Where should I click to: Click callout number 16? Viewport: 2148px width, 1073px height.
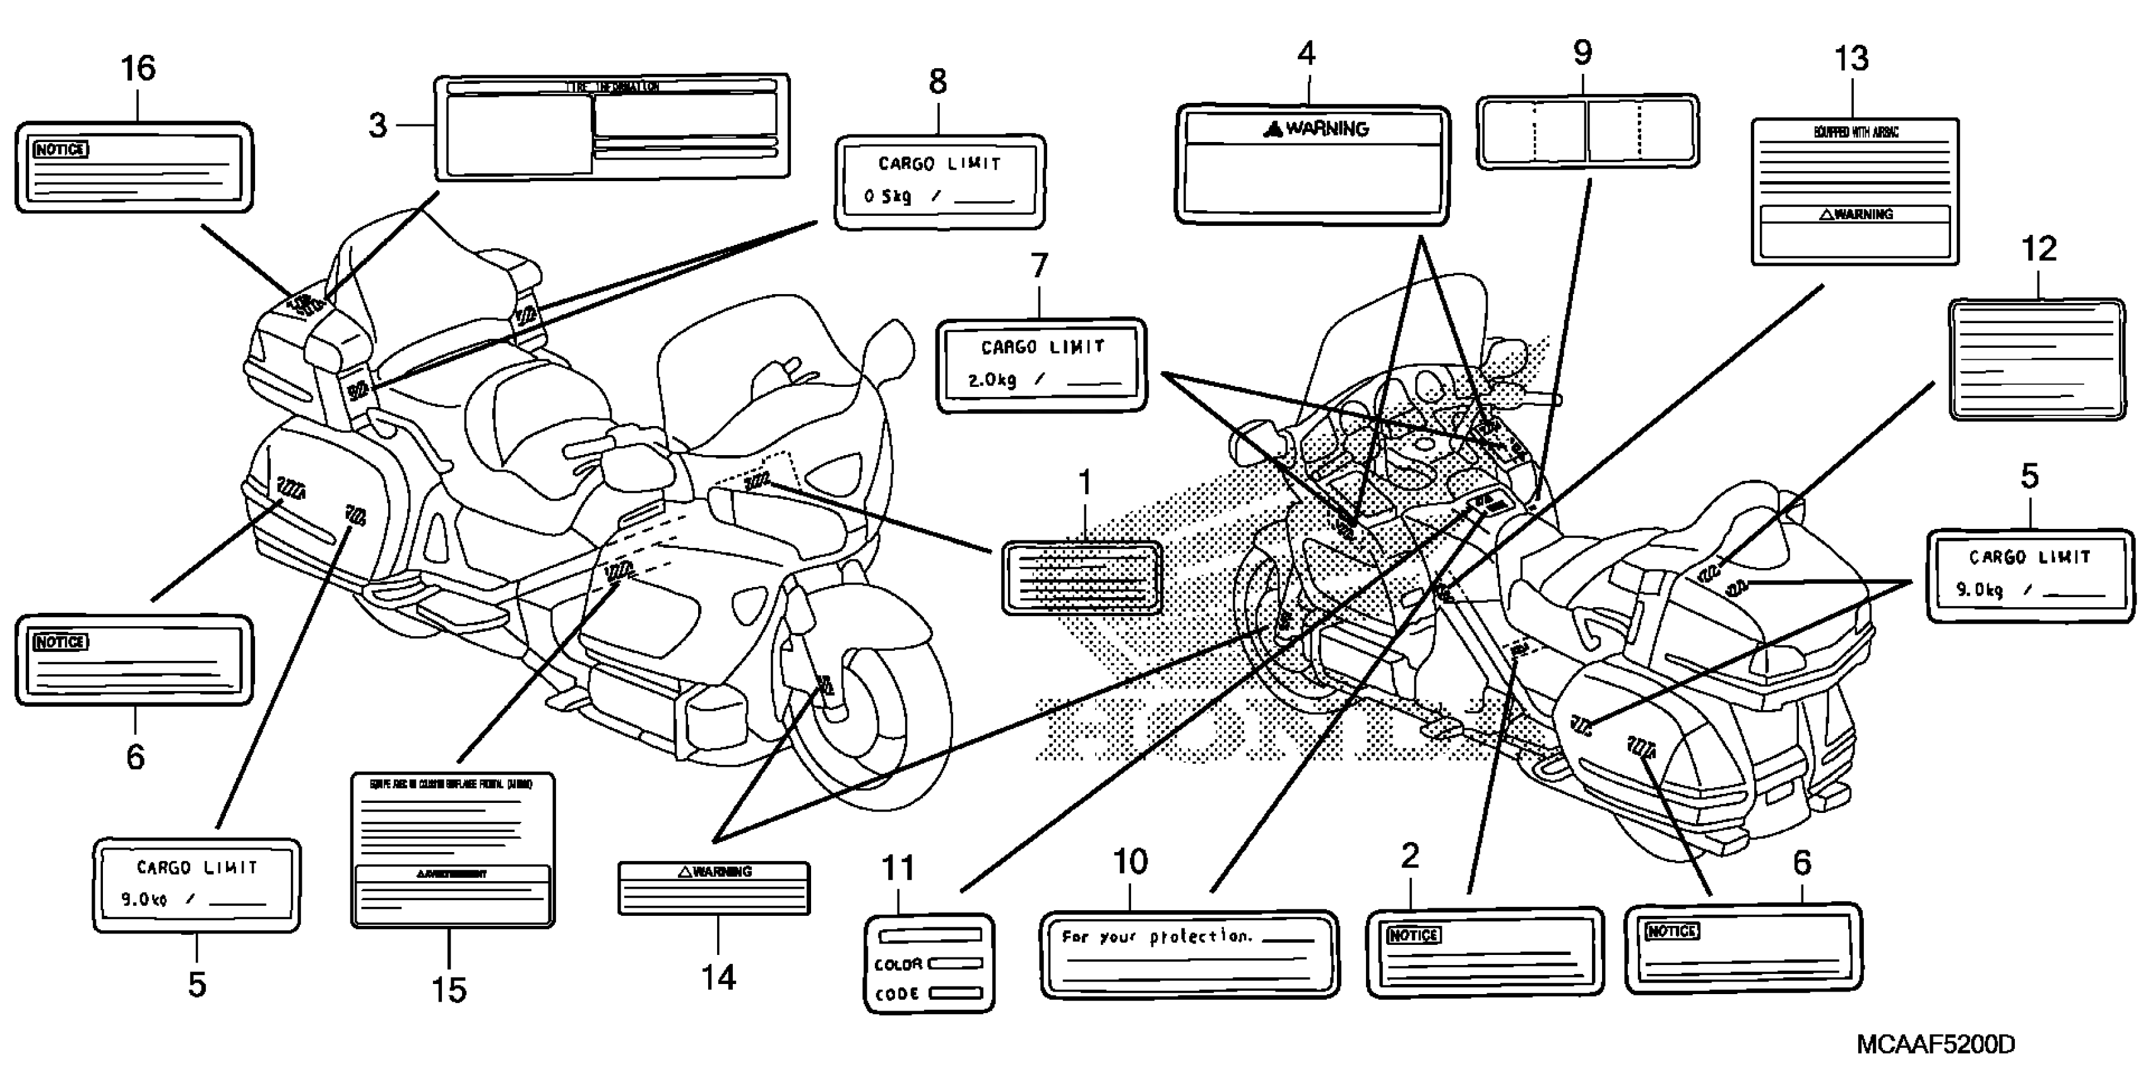[x=138, y=68]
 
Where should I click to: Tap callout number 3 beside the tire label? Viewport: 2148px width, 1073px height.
[x=377, y=126]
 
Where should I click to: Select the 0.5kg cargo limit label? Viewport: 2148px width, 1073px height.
[x=940, y=182]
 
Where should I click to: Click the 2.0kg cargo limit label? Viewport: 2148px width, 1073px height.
[x=1041, y=364]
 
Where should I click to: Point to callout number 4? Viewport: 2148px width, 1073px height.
[x=1306, y=54]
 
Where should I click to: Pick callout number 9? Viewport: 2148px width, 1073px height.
[x=1582, y=52]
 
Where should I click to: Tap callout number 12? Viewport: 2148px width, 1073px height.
[x=2039, y=249]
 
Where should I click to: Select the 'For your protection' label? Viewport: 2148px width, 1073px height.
[x=1189, y=953]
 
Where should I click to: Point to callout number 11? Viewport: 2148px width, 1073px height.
[x=898, y=868]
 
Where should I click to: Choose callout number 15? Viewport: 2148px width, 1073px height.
[x=449, y=990]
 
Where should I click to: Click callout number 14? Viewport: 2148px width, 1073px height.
[x=718, y=978]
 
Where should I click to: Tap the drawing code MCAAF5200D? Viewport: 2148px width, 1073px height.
[x=1935, y=1044]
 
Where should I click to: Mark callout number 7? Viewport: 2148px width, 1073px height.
[x=1039, y=266]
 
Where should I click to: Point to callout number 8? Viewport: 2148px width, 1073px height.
[x=938, y=81]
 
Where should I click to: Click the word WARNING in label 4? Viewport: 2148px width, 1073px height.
[x=1327, y=128]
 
